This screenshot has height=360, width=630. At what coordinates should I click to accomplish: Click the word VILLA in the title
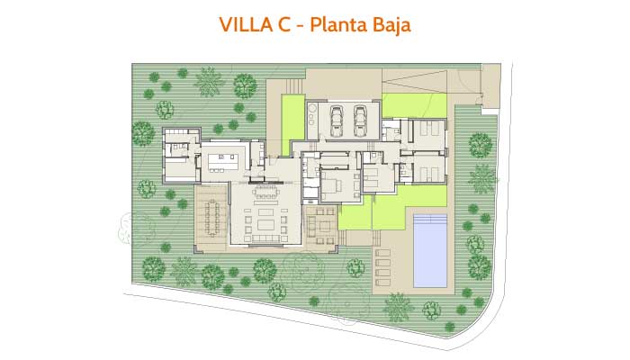[x=247, y=25]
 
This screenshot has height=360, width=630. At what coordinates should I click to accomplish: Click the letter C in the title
[x=284, y=25]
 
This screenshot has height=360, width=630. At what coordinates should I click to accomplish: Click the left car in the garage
[x=337, y=121]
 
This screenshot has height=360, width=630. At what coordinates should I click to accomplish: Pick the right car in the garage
[x=360, y=121]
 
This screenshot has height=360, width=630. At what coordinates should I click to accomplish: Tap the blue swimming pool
[x=430, y=251]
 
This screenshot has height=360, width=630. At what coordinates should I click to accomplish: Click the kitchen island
[x=223, y=161]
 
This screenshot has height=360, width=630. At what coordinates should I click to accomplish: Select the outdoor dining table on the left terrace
[x=211, y=219]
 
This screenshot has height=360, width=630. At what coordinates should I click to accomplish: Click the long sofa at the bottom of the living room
[x=265, y=238]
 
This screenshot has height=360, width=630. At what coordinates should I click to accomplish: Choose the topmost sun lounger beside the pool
[x=382, y=253]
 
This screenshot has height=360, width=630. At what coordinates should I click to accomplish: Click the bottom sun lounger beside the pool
[x=382, y=283]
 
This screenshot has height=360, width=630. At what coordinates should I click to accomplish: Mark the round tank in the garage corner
[x=312, y=109]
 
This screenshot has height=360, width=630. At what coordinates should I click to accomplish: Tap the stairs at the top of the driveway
[x=294, y=85]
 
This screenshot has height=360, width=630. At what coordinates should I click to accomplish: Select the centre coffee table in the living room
[x=265, y=224]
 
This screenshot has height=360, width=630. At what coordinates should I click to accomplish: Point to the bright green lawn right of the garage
[x=414, y=105]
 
